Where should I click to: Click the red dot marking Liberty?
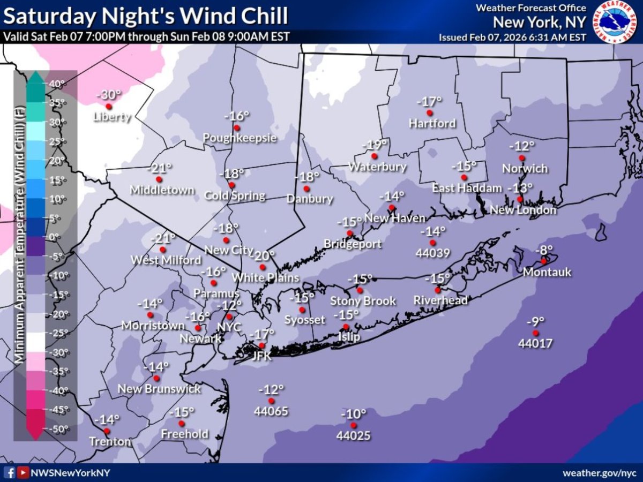click(109, 106)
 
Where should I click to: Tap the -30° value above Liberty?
click(109, 95)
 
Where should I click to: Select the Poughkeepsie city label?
click(240, 138)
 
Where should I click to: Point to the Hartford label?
click(432, 123)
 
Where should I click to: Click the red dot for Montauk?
click(543, 261)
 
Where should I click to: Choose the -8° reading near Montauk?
click(545, 250)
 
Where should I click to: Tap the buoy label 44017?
click(535, 343)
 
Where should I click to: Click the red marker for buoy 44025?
click(353, 425)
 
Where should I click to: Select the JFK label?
click(261, 356)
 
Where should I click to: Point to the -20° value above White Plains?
click(264, 255)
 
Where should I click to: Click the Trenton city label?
click(110, 442)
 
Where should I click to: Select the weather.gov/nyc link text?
click(599, 473)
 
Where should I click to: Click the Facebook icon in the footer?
click(10, 472)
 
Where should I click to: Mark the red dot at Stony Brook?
click(360, 290)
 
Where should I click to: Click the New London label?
click(523, 210)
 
